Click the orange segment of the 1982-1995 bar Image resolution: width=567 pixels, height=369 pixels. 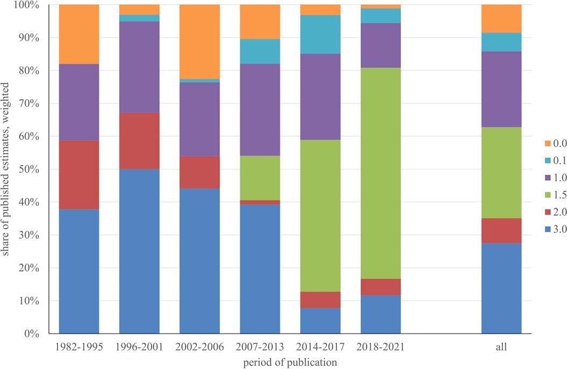coord(79,34)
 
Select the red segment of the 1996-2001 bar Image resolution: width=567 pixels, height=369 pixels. coord(139,141)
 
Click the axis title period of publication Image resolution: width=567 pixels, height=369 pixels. coord(291,362)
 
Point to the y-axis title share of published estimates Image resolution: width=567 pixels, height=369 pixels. coord(6,169)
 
